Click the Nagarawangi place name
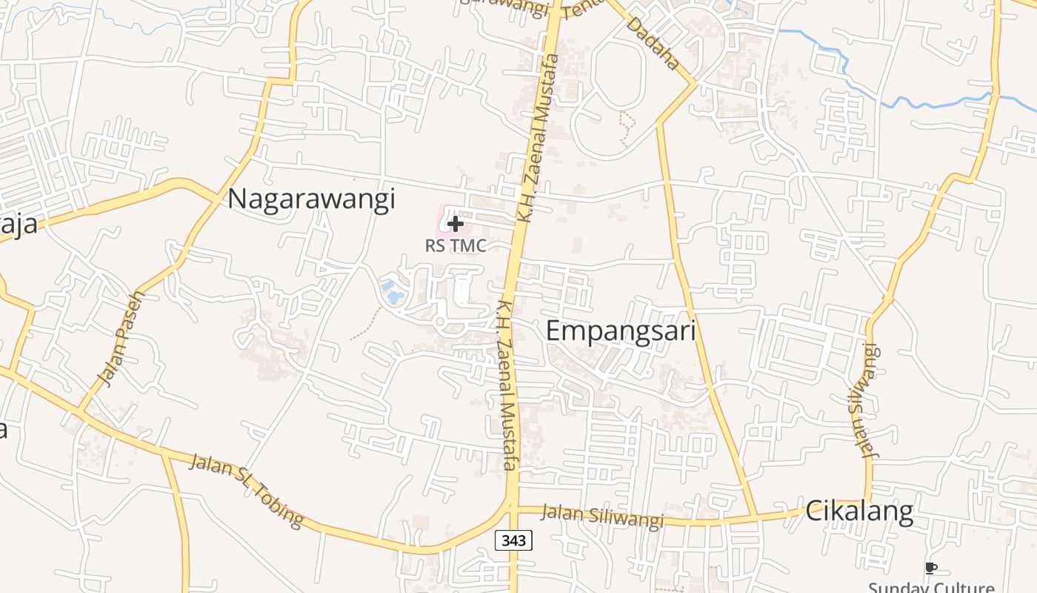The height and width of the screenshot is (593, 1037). pyautogui.click(x=311, y=199)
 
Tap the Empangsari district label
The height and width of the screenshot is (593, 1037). pyautogui.click(x=621, y=331)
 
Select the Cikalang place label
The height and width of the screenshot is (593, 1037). pyautogui.click(x=858, y=511)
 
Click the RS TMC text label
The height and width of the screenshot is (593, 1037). pyautogui.click(x=456, y=245)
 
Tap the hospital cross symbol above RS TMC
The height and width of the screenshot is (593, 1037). pyautogui.click(x=456, y=223)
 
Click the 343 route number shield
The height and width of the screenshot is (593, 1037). pyautogui.click(x=513, y=540)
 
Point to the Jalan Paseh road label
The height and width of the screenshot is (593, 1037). pyautogui.click(x=121, y=339)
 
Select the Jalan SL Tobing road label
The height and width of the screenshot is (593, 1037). pyautogui.click(x=247, y=491)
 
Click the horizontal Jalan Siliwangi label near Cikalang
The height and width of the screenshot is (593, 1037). pyautogui.click(x=601, y=516)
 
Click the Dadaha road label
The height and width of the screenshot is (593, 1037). pyautogui.click(x=653, y=44)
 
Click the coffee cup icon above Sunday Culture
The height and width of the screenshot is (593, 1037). pyautogui.click(x=931, y=569)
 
